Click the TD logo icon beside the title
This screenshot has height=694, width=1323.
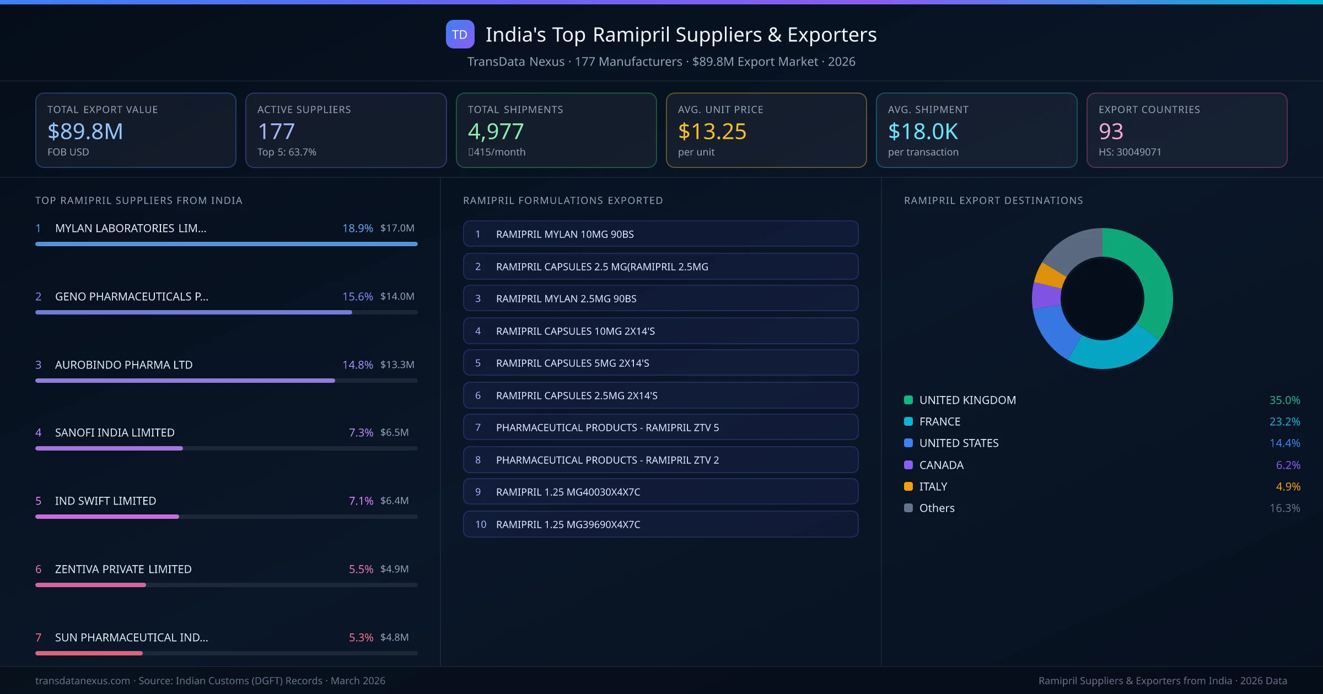[460, 34]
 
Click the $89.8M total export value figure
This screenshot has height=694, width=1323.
[85, 131]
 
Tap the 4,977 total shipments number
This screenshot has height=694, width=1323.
[496, 131]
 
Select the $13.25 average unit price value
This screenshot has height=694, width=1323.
[712, 131]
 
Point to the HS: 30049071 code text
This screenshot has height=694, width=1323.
[1130, 152]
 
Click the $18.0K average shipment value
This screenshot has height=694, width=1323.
[923, 131]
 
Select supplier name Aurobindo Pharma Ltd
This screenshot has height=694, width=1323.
[123, 365]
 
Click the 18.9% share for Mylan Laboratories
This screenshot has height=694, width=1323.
[357, 228]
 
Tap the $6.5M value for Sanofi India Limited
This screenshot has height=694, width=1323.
[394, 432]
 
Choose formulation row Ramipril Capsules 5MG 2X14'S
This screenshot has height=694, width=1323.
[660, 363]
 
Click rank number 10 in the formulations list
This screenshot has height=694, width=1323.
[481, 524]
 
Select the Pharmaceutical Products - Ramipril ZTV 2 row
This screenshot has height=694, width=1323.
[660, 460]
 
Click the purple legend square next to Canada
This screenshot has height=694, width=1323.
[908, 465]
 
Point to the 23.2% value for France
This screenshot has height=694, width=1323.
[1284, 421]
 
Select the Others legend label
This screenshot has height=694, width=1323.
[937, 508]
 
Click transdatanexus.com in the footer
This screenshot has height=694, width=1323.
[83, 681]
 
